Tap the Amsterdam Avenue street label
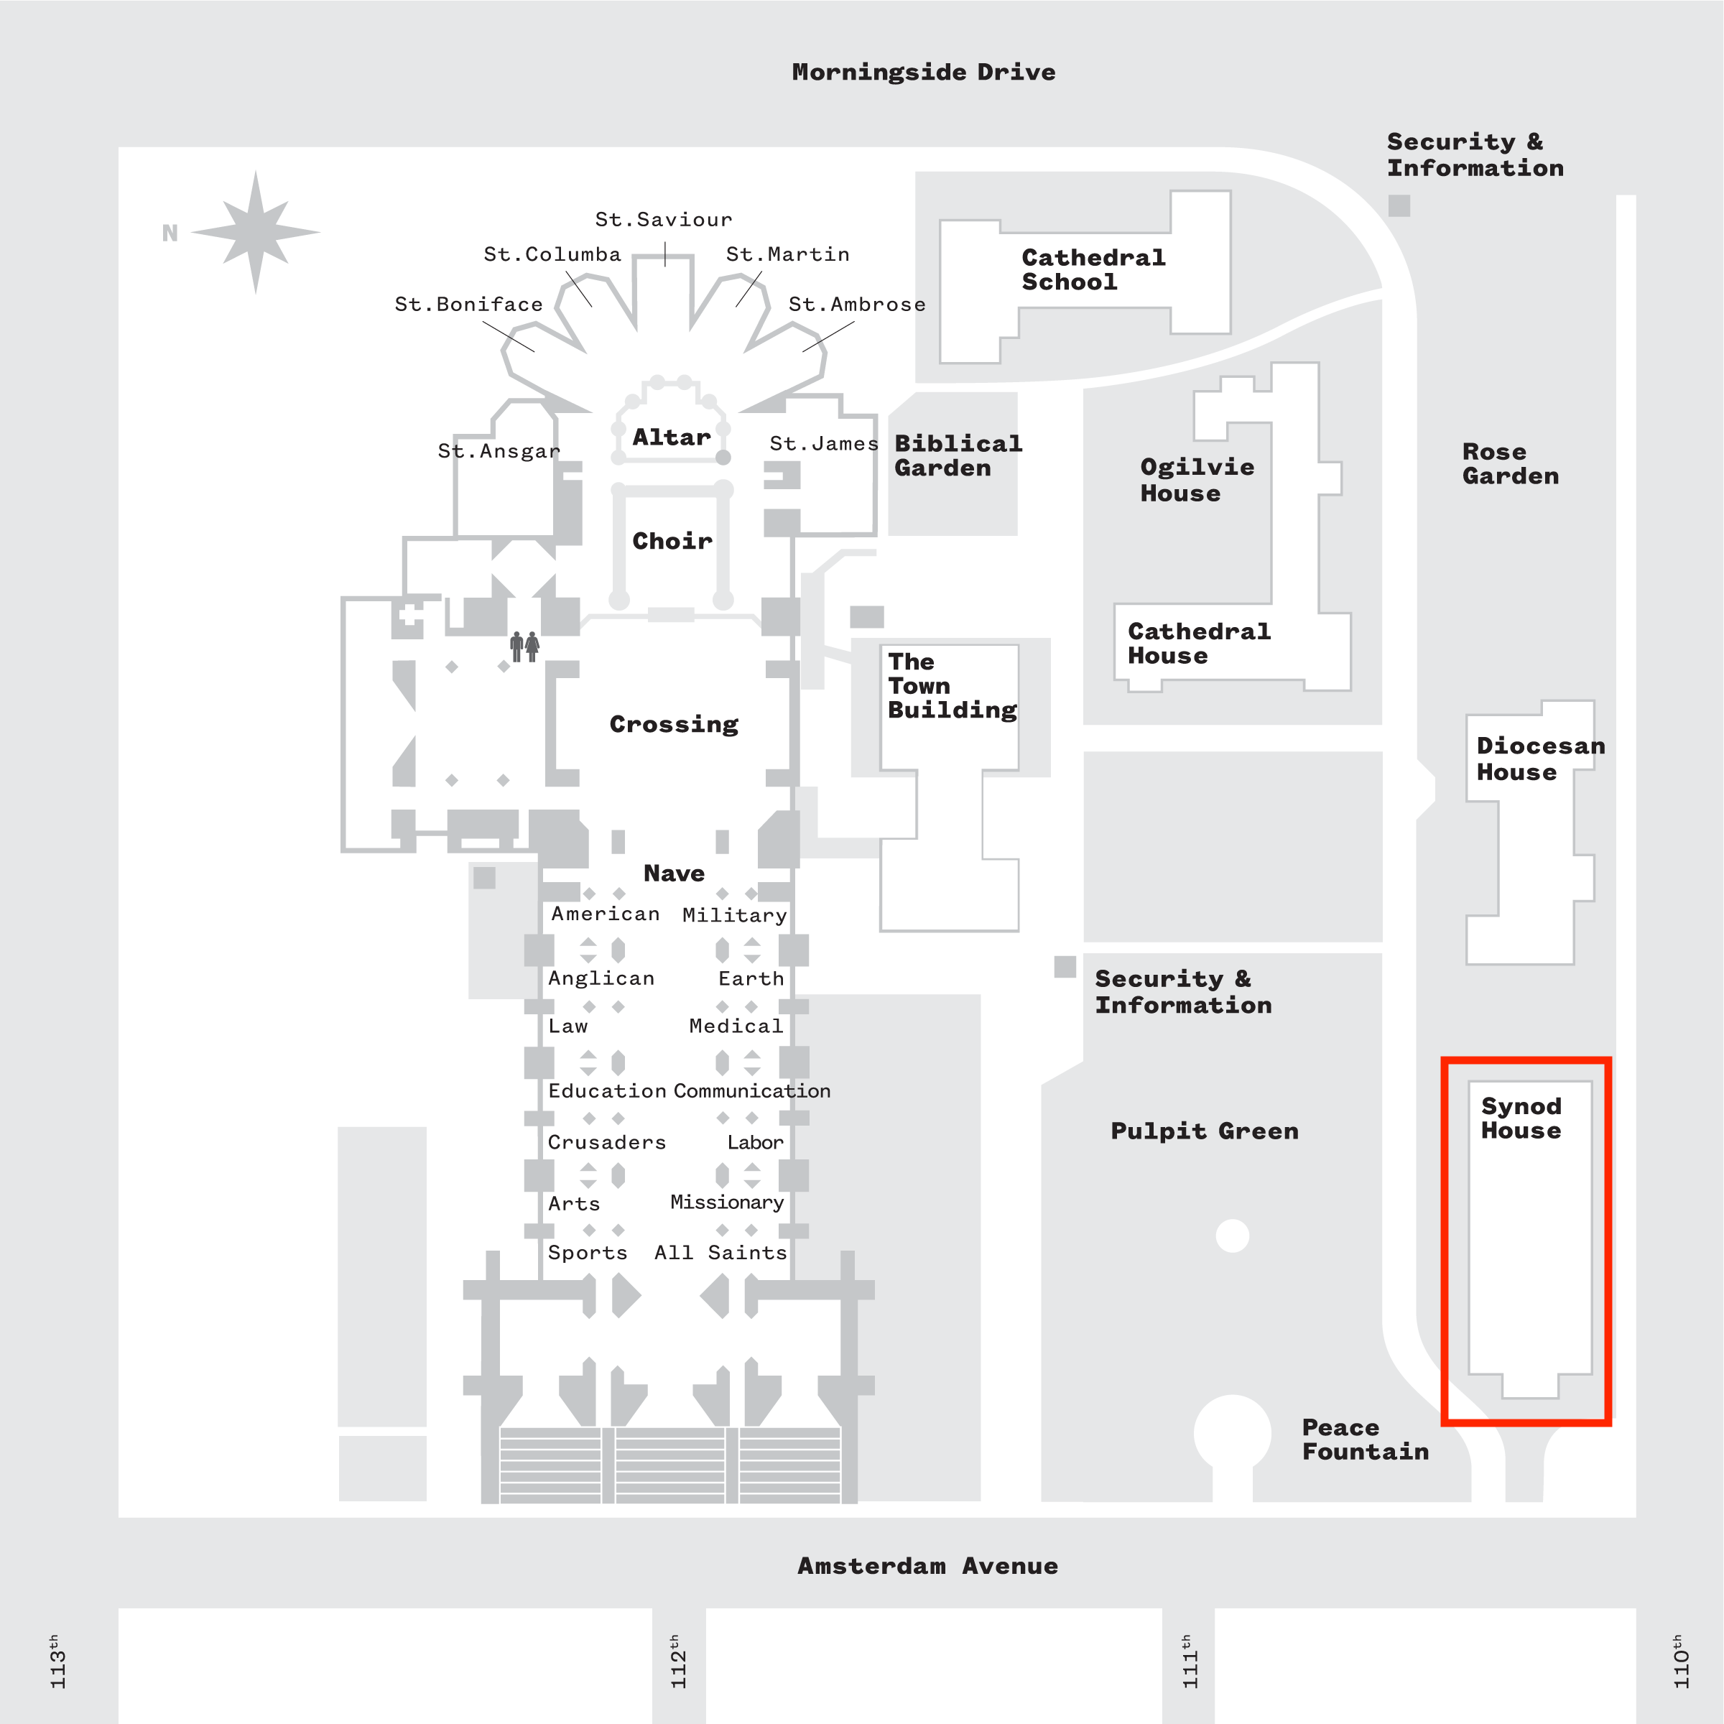[x=927, y=1566]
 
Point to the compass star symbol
[x=256, y=232]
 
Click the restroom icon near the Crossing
[x=524, y=646]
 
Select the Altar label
[x=671, y=437]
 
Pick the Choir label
[x=672, y=541]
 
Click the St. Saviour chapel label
[x=663, y=220]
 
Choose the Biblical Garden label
[x=958, y=456]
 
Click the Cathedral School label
[x=1092, y=269]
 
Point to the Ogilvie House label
[x=1197, y=480]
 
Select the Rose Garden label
[x=1510, y=464]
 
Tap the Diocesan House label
[x=1540, y=759]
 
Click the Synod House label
[x=1521, y=1118]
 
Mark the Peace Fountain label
[x=1364, y=1440]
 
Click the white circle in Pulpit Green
[x=1233, y=1236]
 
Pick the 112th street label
[x=678, y=1662]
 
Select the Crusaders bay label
[x=607, y=1142]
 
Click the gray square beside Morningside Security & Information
[x=1399, y=206]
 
